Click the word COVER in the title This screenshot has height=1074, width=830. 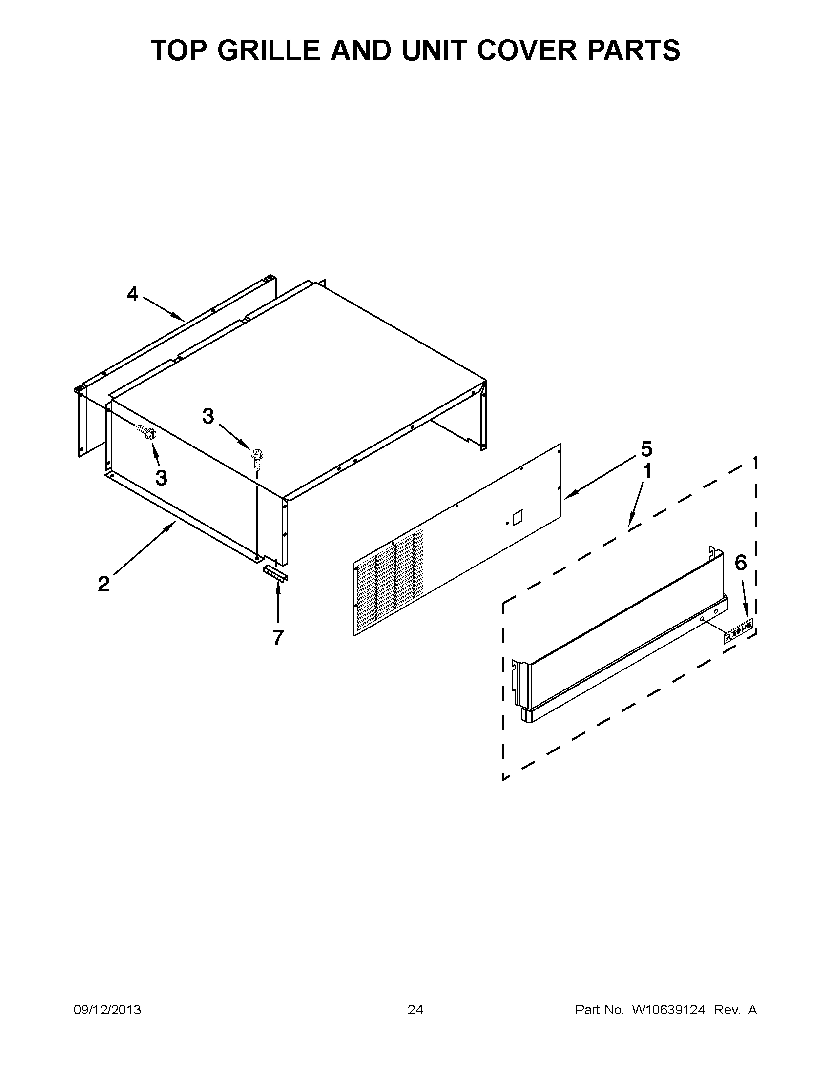click(x=531, y=50)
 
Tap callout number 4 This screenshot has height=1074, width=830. click(x=133, y=294)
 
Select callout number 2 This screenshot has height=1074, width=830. click(x=104, y=584)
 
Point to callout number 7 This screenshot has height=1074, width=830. click(x=278, y=638)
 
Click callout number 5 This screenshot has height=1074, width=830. click(x=646, y=449)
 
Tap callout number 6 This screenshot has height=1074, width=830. click(x=741, y=563)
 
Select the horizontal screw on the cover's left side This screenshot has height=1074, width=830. click(x=146, y=432)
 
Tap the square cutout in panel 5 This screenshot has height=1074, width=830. click(x=517, y=518)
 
